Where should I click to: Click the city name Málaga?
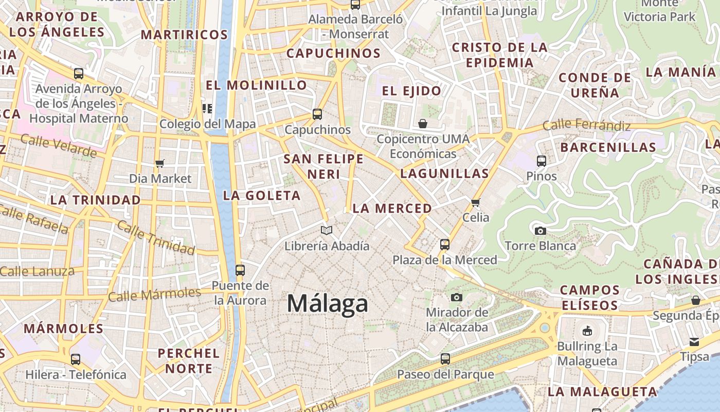click(x=328, y=303)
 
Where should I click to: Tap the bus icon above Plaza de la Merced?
click(x=445, y=245)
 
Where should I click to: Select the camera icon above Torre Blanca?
click(x=540, y=231)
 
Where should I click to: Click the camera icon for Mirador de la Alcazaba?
click(x=456, y=297)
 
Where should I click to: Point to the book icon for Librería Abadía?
click(x=327, y=230)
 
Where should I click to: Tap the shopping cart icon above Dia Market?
click(x=160, y=163)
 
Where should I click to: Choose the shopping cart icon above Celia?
click(x=476, y=202)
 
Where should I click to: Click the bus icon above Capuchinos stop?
click(x=317, y=114)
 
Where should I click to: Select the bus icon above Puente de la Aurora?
click(x=240, y=270)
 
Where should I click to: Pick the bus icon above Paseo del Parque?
click(x=445, y=359)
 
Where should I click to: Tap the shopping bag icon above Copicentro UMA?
click(x=423, y=124)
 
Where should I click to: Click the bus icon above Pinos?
click(x=541, y=161)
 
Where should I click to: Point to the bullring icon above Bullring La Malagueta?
click(x=587, y=331)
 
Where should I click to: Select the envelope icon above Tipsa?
click(x=694, y=341)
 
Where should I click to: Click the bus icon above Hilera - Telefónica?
click(x=76, y=359)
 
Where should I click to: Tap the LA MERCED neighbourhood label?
click(x=392, y=209)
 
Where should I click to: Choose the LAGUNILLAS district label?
click(x=444, y=174)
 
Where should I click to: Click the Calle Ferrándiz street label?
click(x=586, y=125)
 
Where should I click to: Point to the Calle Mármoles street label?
click(x=154, y=295)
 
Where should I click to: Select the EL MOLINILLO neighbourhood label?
click(x=256, y=85)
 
